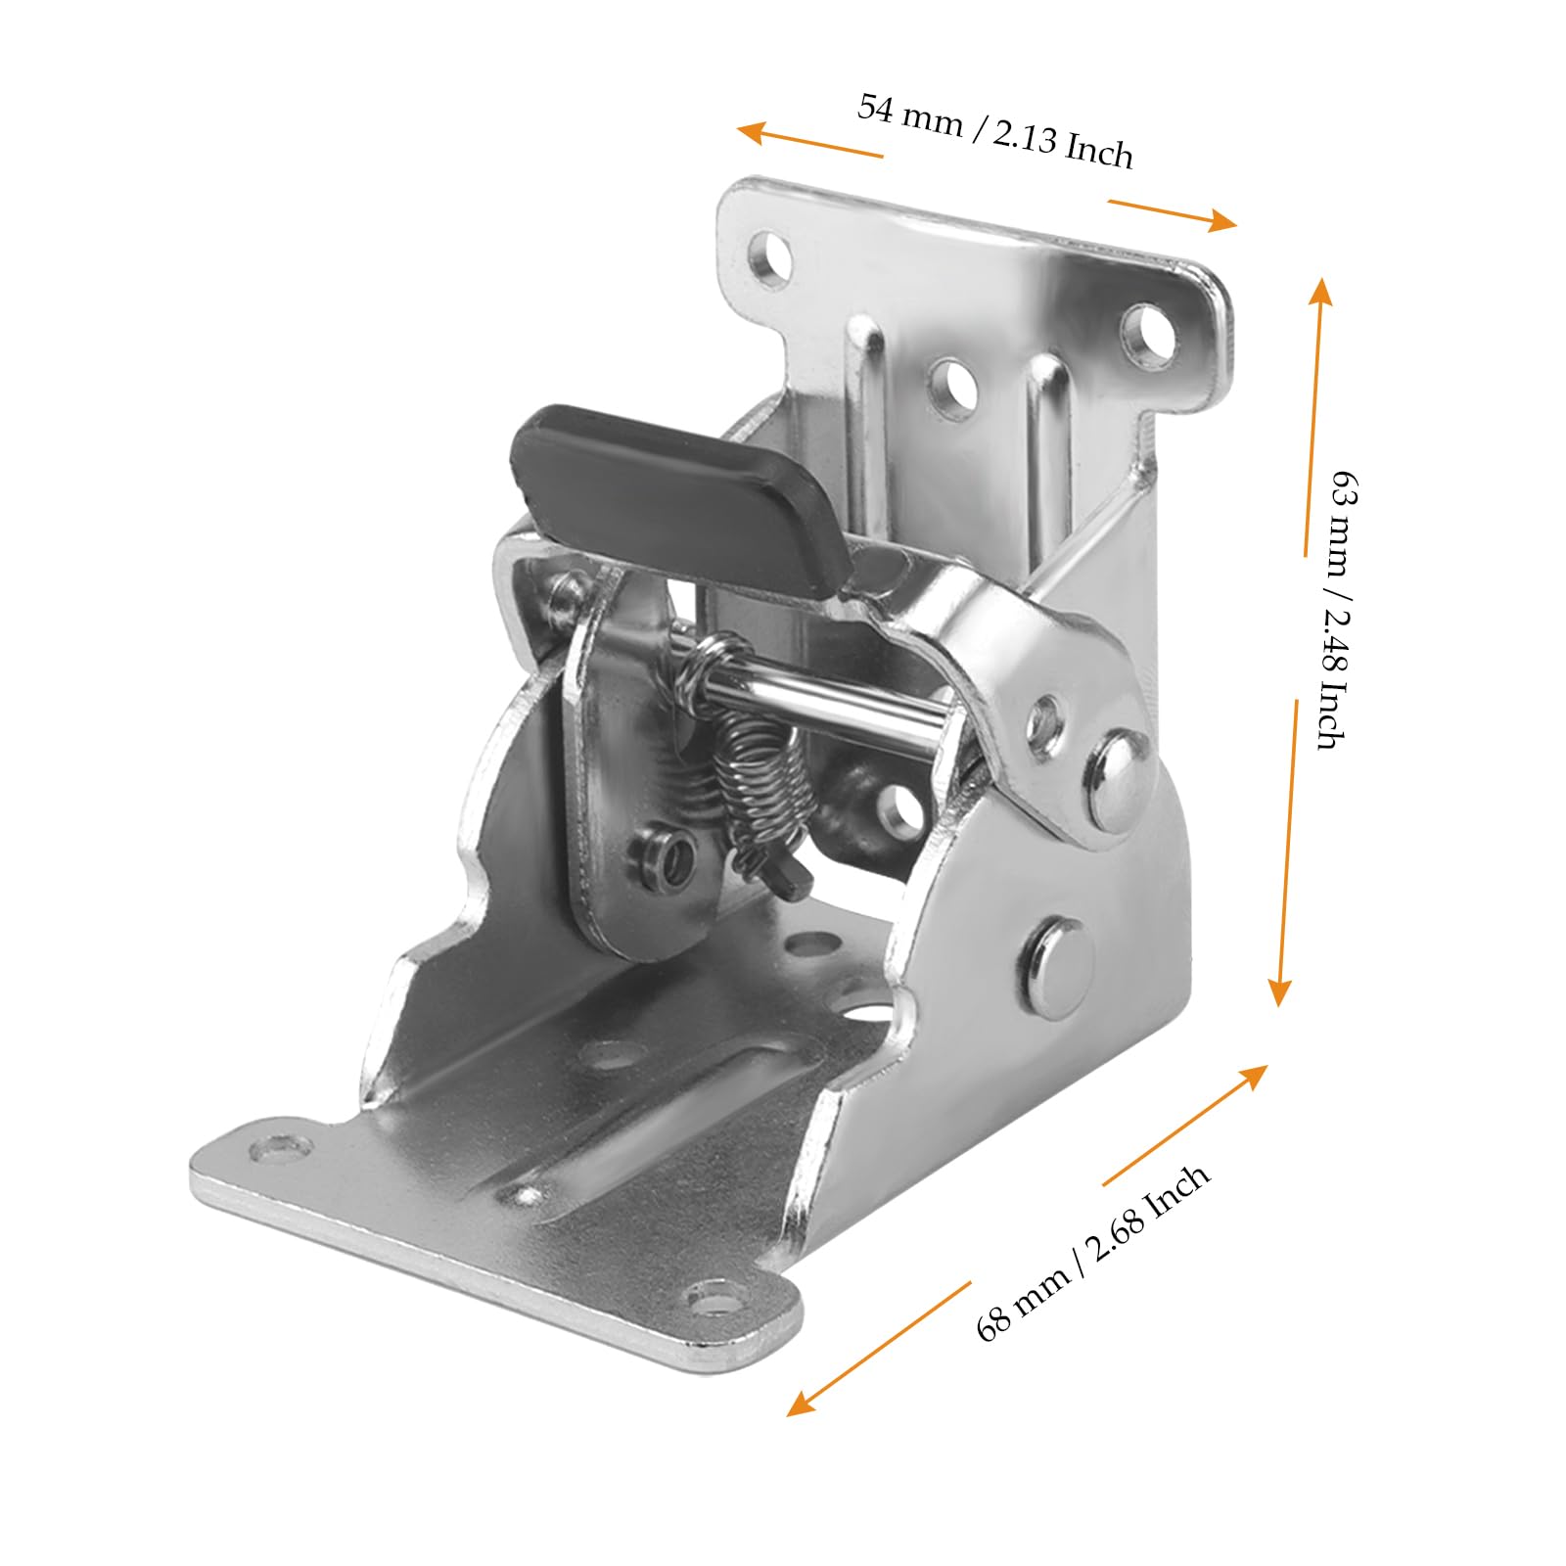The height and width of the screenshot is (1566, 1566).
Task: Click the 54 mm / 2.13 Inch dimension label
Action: [995, 130]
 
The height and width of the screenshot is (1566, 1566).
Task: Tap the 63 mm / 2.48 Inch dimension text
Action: [1338, 608]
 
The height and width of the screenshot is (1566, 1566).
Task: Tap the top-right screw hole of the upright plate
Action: [1147, 336]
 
